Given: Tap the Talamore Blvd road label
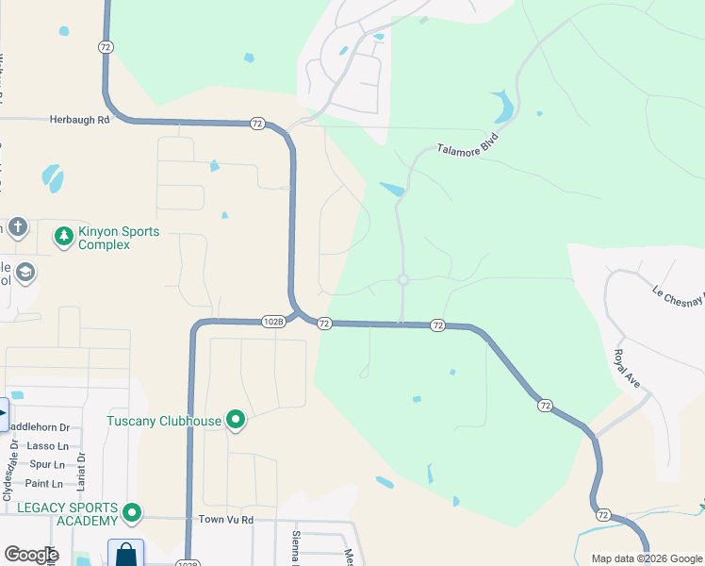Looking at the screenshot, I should [467, 143].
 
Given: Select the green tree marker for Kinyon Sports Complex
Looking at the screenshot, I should [64, 236].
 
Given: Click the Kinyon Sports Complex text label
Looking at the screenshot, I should [119, 238].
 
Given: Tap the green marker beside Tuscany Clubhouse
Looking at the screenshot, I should [236, 421].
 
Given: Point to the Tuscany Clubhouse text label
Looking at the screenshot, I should [164, 421].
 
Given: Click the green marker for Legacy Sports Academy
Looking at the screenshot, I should [132, 514].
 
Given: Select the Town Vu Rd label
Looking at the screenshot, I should [226, 520].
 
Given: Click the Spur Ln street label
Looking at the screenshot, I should [47, 465].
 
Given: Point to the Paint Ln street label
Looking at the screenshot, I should [44, 484].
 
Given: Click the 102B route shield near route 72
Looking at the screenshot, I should [273, 322].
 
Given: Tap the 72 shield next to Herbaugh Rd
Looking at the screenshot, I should [257, 124].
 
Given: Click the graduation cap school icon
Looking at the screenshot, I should [25, 274].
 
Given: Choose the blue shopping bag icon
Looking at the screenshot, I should [125, 555].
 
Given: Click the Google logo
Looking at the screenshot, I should [31, 555].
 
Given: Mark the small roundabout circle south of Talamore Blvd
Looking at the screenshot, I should [403, 279].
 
